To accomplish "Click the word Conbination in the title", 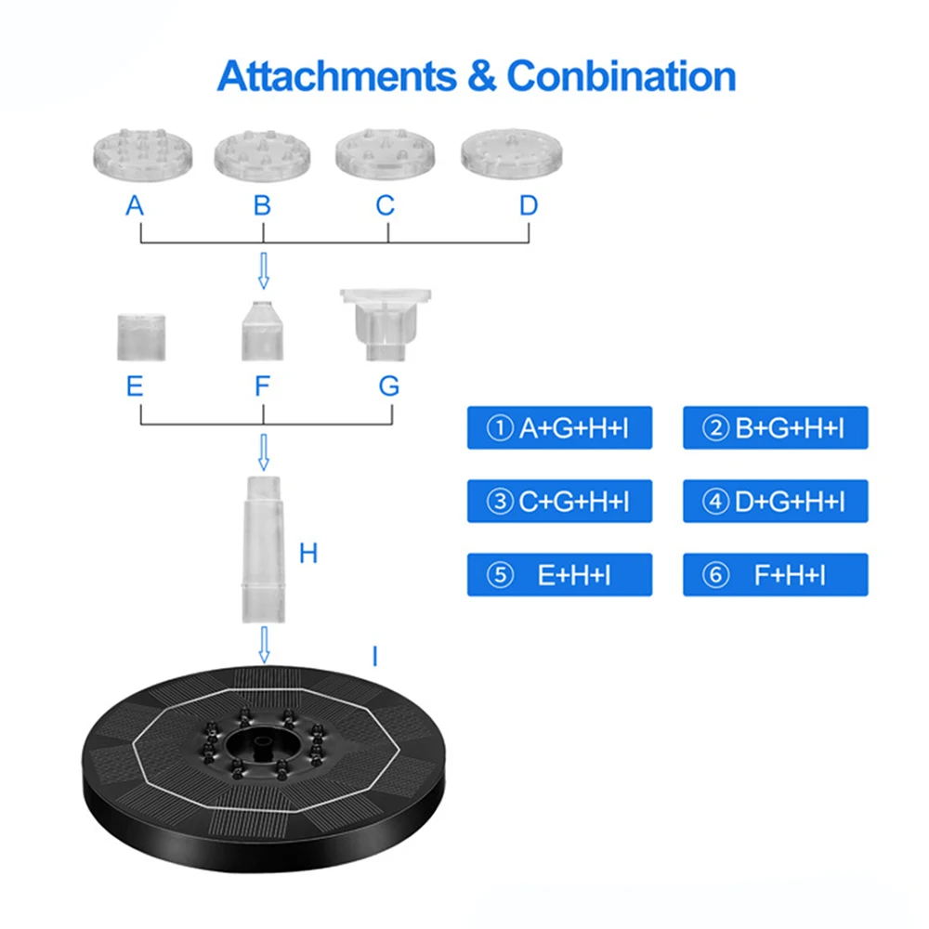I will coord(622,76).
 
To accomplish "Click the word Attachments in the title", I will coord(340,76).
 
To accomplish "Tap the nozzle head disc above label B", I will coord(261,153).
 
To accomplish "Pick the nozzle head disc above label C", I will coord(386,151).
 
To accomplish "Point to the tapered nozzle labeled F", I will coord(262,333).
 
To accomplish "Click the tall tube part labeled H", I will coord(263,549).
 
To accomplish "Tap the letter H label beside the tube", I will coord(308,555).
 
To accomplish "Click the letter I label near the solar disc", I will coord(374,658).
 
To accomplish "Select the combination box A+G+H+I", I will coord(559,428).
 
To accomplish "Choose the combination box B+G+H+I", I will coord(775,428).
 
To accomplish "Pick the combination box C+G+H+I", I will coord(559,502).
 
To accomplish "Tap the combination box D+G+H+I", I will coord(775,502).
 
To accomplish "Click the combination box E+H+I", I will coord(559,575).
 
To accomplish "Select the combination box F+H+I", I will coord(775,575).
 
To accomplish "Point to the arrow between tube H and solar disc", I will coord(264,644).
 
